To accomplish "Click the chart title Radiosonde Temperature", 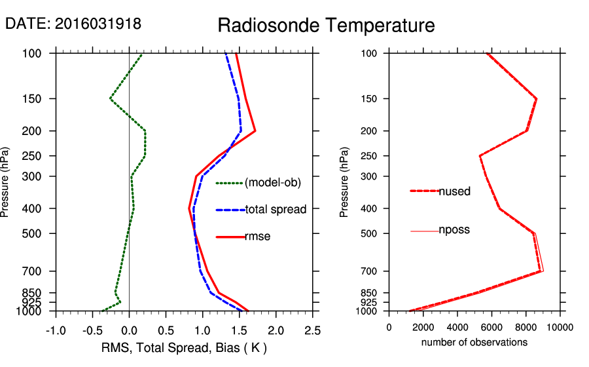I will point(326,26).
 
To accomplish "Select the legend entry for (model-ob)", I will point(272,183).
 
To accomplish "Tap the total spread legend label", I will point(276,210).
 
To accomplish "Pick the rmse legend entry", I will point(257,237).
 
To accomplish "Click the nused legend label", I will point(454,191).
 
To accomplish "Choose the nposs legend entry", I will point(454,230).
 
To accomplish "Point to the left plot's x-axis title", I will point(184,347).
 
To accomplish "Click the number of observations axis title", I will point(474,342).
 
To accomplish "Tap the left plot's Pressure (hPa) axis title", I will point(7,182).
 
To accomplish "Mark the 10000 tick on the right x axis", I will point(560,328).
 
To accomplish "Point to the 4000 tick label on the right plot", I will point(457,328).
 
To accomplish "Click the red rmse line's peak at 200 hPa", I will point(255,131).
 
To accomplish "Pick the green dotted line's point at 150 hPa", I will point(110,99).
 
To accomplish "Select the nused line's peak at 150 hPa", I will point(537,99).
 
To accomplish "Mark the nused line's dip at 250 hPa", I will point(480,156).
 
